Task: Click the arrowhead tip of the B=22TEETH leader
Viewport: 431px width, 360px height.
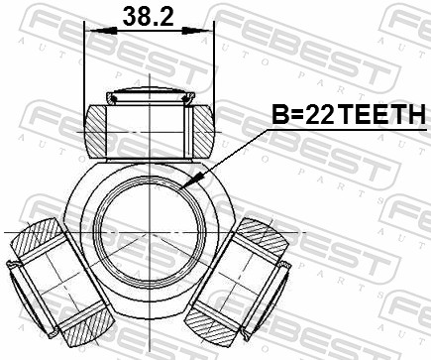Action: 188,186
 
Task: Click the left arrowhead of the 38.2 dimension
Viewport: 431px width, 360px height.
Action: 91,32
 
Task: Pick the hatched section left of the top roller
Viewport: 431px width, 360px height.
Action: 97,128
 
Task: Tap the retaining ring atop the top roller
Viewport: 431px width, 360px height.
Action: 150,97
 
